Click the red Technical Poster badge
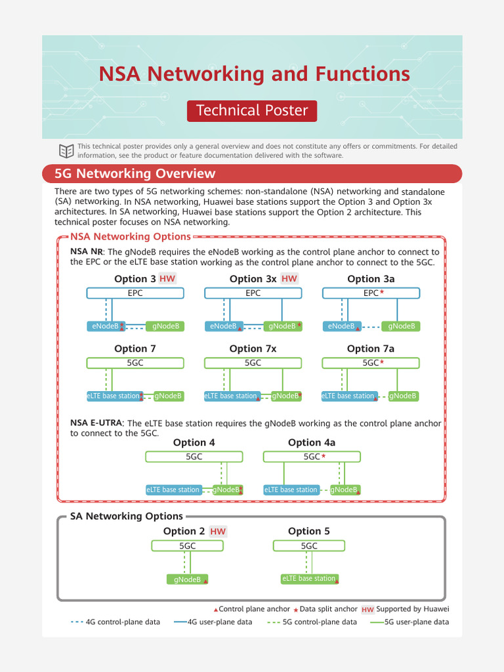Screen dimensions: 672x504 tap(252, 110)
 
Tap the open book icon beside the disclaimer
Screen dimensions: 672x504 tap(66, 150)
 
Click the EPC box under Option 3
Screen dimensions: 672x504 tap(135, 293)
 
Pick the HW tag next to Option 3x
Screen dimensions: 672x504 tap(289, 279)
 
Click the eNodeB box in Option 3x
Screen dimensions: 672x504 tap(224, 326)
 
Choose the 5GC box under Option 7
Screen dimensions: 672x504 tap(135, 362)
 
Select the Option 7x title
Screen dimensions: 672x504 tap(253, 348)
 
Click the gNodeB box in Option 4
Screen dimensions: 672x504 tap(227, 490)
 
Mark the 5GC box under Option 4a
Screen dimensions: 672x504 tap(312, 457)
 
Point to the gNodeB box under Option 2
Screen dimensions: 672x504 tap(188, 579)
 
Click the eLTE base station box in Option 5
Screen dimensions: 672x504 tap(309, 579)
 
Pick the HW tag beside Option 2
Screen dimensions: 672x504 tap(218, 532)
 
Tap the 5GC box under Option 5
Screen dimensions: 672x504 tap(309, 546)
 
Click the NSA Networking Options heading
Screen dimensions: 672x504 tap(131, 237)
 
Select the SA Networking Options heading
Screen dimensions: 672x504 tap(127, 516)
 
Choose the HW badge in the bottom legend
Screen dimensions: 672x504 tap(367, 610)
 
